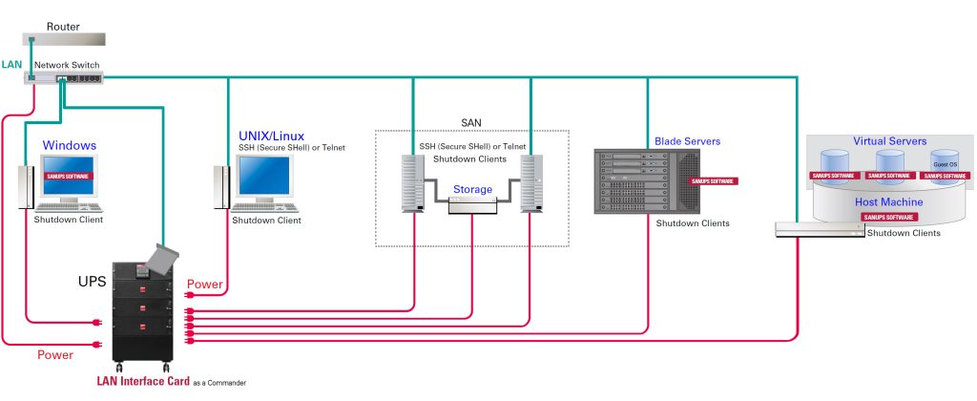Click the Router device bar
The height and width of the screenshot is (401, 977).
click(x=63, y=40)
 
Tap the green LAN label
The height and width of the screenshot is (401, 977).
click(x=12, y=63)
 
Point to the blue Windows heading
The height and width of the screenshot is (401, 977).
click(x=69, y=145)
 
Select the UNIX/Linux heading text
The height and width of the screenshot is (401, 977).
click(x=270, y=136)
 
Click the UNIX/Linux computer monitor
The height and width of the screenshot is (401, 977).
click(x=264, y=179)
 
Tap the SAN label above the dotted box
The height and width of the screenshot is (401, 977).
click(x=471, y=122)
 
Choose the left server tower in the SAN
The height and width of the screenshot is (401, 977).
click(x=413, y=184)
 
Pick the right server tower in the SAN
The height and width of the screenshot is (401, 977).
click(x=531, y=184)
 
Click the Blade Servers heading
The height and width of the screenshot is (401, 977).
click(x=687, y=141)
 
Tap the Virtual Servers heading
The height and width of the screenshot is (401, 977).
click(x=889, y=141)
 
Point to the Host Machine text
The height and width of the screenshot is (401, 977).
click(x=888, y=202)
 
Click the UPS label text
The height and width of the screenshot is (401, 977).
click(x=92, y=284)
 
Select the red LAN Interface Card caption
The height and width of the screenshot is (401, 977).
click(x=136, y=381)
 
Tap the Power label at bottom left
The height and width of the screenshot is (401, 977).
click(x=55, y=354)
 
